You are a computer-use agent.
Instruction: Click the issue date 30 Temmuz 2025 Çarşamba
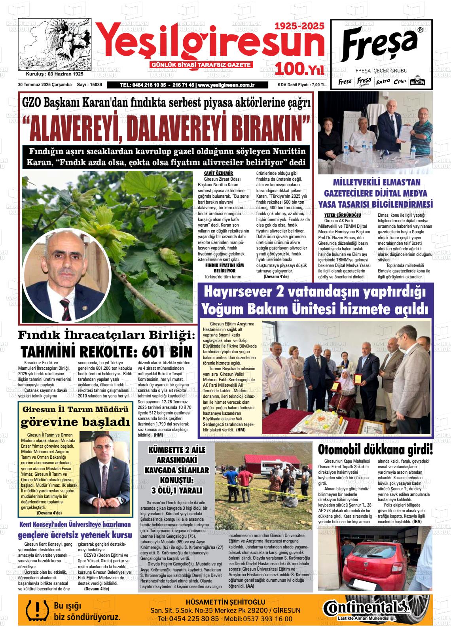[x=45, y=85]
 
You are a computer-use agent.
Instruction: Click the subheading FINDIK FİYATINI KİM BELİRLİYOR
[x=224, y=268]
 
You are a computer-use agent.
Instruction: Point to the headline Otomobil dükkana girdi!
[x=375, y=450]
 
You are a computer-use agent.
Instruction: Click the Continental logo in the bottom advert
[x=366, y=607]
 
